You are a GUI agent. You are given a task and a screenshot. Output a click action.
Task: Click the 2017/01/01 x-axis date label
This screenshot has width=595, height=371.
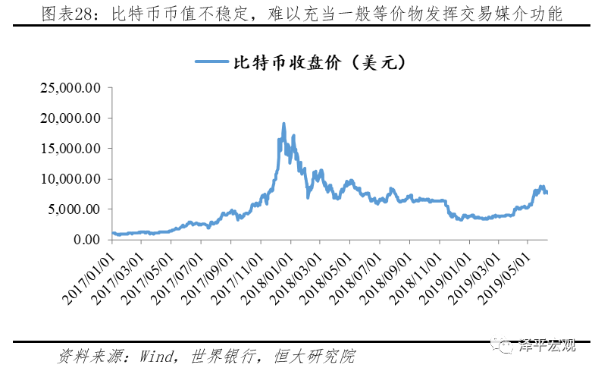pyautogui.click(x=89, y=269)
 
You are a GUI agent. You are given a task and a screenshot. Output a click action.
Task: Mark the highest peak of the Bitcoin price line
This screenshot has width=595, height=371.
pyautogui.click(x=283, y=123)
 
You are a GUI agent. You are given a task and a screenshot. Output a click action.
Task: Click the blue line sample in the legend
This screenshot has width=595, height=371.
pyautogui.click(x=211, y=62)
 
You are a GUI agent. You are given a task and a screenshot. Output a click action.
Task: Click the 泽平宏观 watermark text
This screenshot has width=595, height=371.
pyautogui.click(x=547, y=346)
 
